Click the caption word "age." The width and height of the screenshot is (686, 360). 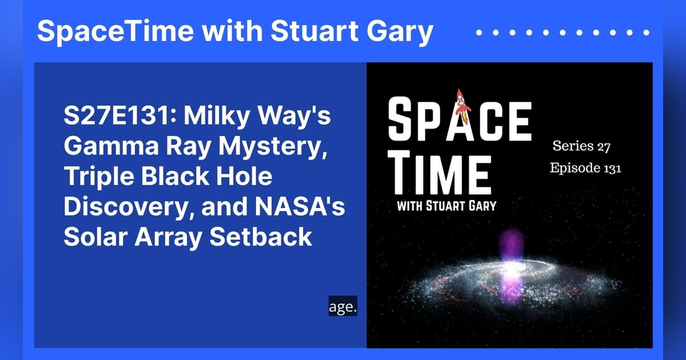click(x=343, y=307)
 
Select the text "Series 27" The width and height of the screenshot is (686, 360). click(x=581, y=146)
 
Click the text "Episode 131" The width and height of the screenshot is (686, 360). click(x=585, y=169)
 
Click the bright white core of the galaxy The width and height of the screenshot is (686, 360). click(x=510, y=269)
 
